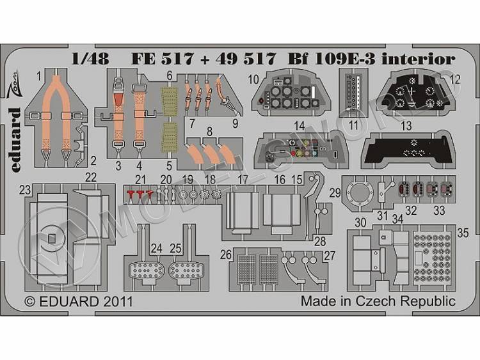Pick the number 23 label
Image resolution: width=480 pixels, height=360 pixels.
(25, 189)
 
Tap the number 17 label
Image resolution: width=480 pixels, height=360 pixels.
(243, 180)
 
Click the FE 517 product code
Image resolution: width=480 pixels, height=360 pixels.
(152, 59)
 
